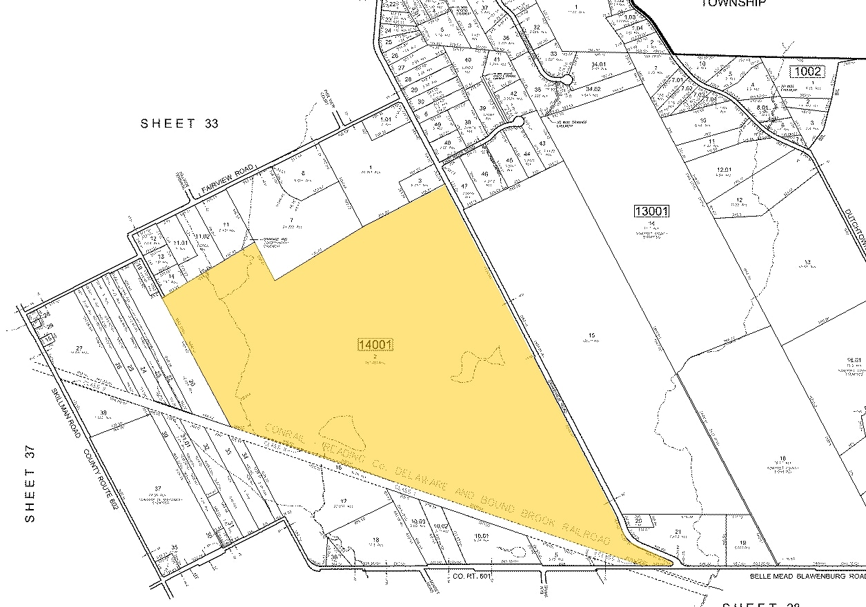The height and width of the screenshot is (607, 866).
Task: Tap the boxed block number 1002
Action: point(808,71)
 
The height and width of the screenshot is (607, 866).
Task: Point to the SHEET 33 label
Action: point(179,123)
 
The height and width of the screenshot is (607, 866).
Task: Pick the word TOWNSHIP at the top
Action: point(734,3)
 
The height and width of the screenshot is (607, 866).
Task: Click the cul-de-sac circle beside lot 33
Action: point(567,80)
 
